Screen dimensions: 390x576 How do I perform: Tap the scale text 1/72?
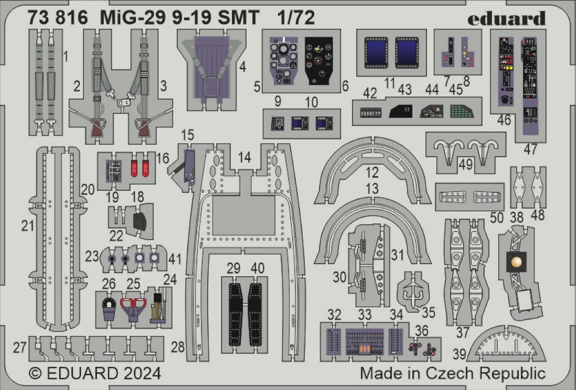(296, 18)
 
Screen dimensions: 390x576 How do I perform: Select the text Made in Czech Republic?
(453, 374)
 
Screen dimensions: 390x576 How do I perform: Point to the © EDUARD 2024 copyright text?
(94, 374)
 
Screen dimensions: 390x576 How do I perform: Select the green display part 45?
(461, 112)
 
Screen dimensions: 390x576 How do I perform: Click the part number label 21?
(28, 226)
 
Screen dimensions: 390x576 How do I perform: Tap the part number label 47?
(530, 149)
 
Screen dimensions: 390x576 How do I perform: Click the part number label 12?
(372, 172)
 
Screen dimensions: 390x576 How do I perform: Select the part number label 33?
(365, 315)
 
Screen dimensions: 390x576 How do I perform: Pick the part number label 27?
(20, 348)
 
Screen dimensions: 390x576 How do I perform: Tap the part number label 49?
(465, 165)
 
